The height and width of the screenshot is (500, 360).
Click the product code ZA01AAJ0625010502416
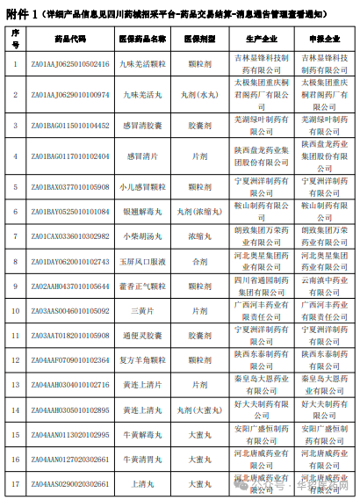(70, 63)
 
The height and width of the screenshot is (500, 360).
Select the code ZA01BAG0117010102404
(70, 156)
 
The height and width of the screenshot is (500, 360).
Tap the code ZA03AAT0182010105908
(70, 335)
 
